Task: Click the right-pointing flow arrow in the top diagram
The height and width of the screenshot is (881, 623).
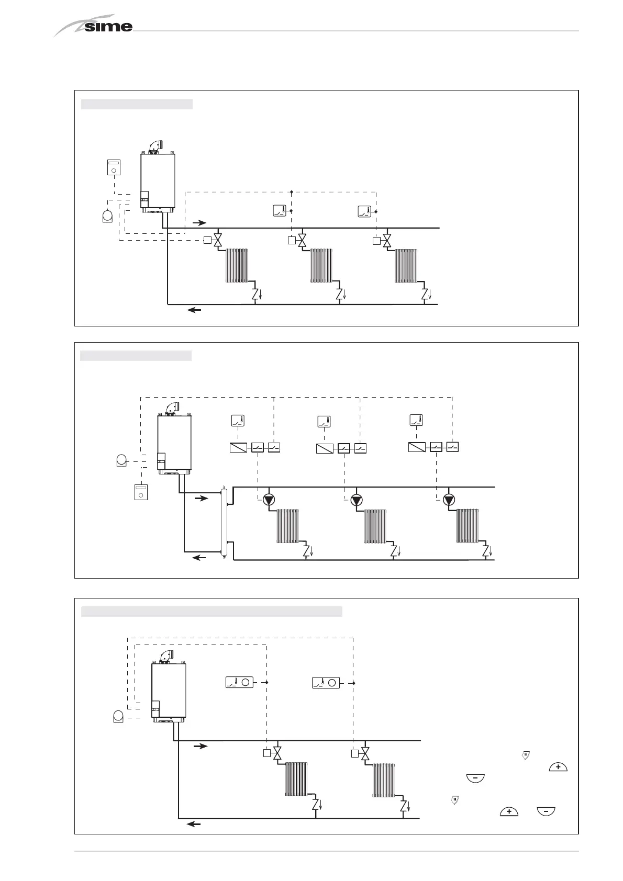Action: point(199,222)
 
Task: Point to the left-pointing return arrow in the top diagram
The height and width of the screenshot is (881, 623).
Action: point(194,310)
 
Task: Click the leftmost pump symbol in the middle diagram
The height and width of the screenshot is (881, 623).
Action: point(269,500)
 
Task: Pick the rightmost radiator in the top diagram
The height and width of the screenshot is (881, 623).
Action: point(406,266)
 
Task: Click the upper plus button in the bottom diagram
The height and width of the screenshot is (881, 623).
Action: point(558,767)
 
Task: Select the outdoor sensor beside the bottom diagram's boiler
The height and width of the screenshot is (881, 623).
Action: point(119,716)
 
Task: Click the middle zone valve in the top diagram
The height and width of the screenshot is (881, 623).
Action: point(302,241)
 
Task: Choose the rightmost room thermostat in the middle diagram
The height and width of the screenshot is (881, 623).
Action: point(416,421)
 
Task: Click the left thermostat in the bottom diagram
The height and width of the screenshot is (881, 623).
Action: point(239,682)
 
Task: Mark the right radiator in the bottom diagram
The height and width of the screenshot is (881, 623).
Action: point(384,781)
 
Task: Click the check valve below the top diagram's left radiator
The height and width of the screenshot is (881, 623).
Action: point(255,294)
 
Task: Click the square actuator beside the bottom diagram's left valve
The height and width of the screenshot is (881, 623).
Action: point(266,754)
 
